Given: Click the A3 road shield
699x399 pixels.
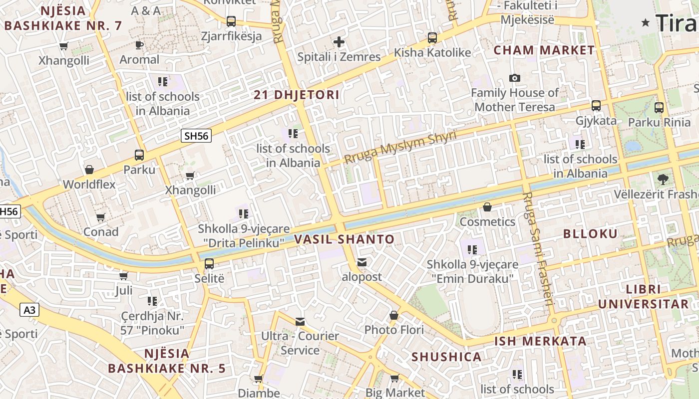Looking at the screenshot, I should [29, 310].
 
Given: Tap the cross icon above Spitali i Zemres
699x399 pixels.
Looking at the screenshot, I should [339, 42].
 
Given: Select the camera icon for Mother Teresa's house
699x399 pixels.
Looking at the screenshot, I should [514, 78].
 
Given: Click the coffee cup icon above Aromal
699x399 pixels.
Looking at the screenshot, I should [139, 45].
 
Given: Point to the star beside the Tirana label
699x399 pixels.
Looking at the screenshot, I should [646, 22].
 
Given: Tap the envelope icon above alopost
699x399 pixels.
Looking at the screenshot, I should [361, 262].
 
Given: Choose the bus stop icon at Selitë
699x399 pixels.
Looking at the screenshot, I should [209, 264].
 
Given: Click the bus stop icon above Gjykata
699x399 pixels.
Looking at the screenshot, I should [596, 106].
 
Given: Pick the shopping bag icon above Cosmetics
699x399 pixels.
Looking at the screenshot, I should [487, 207].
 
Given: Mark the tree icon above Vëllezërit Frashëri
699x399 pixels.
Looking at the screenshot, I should [663, 179].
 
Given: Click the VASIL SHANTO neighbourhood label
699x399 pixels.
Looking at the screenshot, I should [345, 239].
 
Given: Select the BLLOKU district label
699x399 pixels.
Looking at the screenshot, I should [590, 234].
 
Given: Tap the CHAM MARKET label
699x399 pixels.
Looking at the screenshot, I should [544, 50].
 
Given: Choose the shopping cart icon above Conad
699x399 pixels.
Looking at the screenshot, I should [101, 217].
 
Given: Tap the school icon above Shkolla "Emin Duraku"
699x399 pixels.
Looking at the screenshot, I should [472, 249].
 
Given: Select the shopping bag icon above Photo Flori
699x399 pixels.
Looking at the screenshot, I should [394, 315].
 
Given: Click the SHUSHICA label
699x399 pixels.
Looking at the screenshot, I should [446, 357].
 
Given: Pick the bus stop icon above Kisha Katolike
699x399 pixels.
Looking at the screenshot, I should [432, 38].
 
